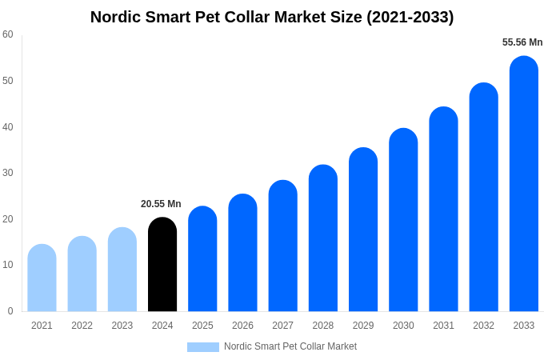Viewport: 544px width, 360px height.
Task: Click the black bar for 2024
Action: tap(162, 265)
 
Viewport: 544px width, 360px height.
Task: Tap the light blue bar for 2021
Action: tap(42, 278)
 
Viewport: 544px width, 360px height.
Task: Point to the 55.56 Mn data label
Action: tap(522, 42)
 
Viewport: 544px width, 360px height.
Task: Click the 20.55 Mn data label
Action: tap(161, 204)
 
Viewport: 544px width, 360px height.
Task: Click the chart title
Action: tap(272, 17)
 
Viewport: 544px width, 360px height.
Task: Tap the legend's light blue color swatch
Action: tap(202, 346)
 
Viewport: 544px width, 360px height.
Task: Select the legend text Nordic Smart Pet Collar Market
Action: tap(290, 346)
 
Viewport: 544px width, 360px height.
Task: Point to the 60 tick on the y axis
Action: tap(8, 34)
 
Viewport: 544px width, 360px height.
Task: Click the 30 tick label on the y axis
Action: tap(8, 173)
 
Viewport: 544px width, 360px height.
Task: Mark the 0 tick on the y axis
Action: tap(10, 311)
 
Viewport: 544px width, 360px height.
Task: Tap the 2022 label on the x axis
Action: tap(82, 326)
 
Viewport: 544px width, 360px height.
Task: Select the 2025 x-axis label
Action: tap(202, 326)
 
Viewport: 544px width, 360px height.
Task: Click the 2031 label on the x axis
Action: tap(443, 326)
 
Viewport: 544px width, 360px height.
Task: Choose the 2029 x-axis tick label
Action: tap(363, 326)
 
